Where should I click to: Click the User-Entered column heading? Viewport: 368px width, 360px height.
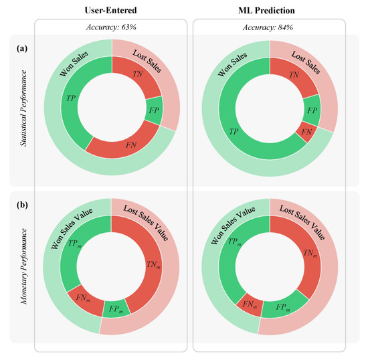tap(110, 11)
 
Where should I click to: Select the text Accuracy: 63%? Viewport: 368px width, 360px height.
tap(110, 28)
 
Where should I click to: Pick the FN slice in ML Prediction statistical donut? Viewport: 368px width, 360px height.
tap(306, 133)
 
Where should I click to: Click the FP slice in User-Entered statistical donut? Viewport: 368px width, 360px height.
tap(153, 111)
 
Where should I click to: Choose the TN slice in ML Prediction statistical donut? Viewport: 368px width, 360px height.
tap(293, 76)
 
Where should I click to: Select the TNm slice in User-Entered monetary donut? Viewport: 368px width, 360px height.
tap(152, 265)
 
